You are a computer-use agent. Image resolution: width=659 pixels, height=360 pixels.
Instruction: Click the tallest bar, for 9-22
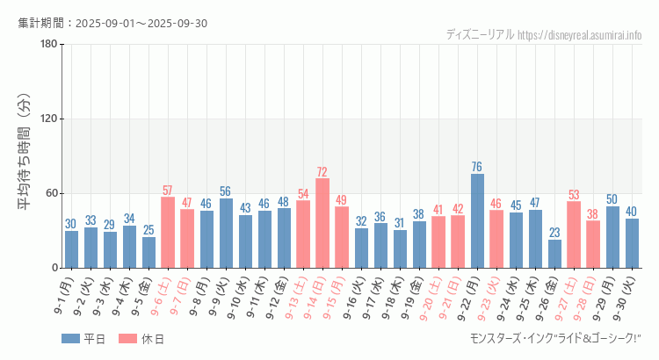click(477, 221)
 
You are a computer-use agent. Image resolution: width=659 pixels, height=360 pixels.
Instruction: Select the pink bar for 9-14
click(322, 223)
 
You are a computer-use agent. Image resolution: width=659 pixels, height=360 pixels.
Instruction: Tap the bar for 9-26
click(554, 254)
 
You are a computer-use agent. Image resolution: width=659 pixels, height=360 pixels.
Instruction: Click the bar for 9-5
click(148, 252)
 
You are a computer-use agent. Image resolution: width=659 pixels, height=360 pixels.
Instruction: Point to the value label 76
click(477, 167)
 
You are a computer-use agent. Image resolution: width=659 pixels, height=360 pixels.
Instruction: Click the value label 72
click(322, 172)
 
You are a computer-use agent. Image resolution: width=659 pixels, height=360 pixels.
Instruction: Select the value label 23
click(554, 233)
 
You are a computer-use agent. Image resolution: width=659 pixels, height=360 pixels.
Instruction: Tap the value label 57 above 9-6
click(168, 191)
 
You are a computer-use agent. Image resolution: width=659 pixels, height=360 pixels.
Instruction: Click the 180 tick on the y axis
click(49, 45)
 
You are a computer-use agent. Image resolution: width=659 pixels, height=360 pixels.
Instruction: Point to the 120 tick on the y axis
click(49, 119)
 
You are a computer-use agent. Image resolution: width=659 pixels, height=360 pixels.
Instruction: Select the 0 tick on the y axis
click(54, 268)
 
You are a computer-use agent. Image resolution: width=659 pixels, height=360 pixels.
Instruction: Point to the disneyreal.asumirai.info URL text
click(580, 35)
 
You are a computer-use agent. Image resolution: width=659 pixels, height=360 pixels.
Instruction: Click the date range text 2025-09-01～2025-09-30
click(141, 23)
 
